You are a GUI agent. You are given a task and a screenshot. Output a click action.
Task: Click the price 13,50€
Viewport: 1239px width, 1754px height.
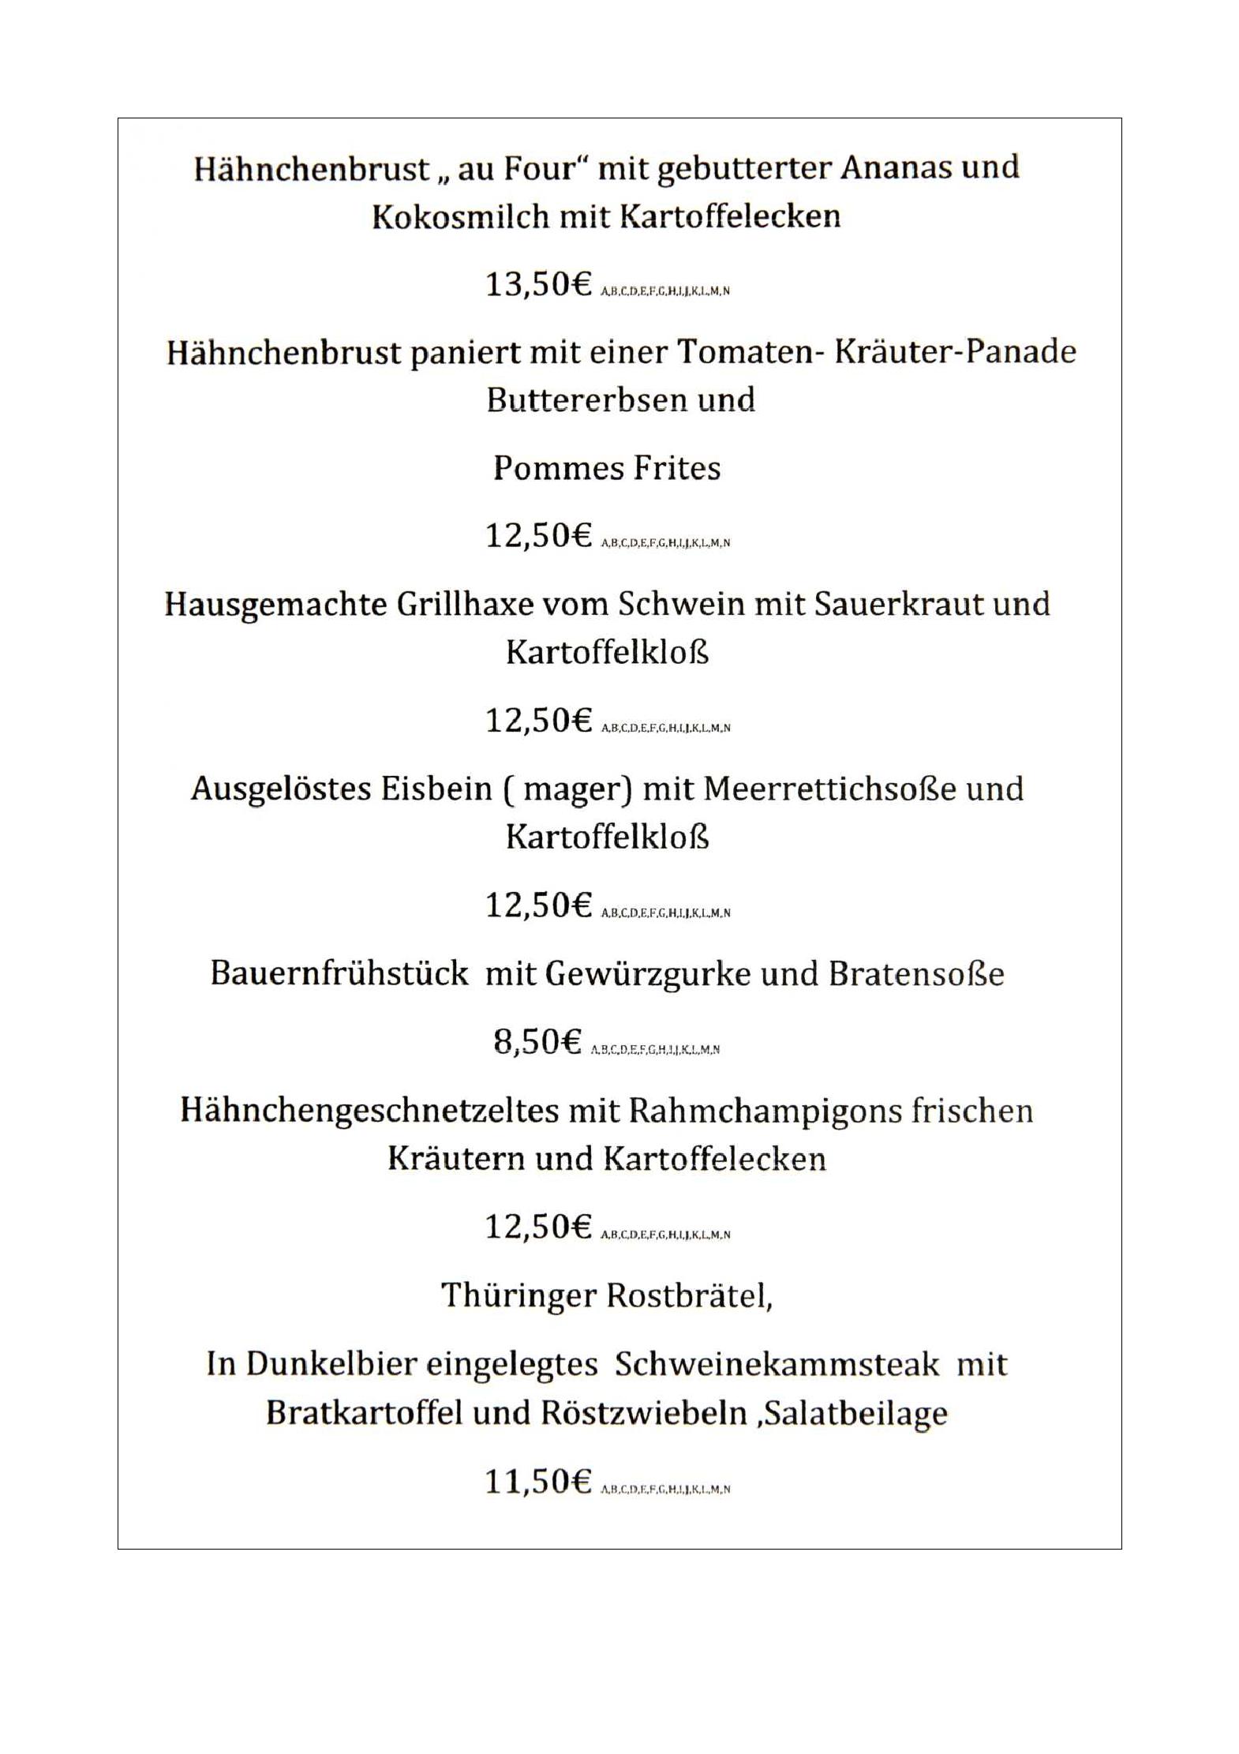click(538, 284)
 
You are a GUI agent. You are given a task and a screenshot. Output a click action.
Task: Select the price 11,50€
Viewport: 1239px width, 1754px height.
click(538, 1482)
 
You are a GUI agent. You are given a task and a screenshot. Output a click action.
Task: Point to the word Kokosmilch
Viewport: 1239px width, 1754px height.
click(460, 216)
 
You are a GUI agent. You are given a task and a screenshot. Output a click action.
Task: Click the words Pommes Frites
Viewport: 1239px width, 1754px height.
click(607, 468)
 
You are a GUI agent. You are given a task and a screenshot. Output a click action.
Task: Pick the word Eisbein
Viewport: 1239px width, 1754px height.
click(436, 789)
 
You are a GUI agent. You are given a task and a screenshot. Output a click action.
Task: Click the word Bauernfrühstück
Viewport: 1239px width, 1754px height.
click(339, 973)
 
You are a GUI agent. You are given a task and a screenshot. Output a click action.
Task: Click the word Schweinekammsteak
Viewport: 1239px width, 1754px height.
click(777, 1364)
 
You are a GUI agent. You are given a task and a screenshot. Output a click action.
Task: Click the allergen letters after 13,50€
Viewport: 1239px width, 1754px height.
click(665, 291)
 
